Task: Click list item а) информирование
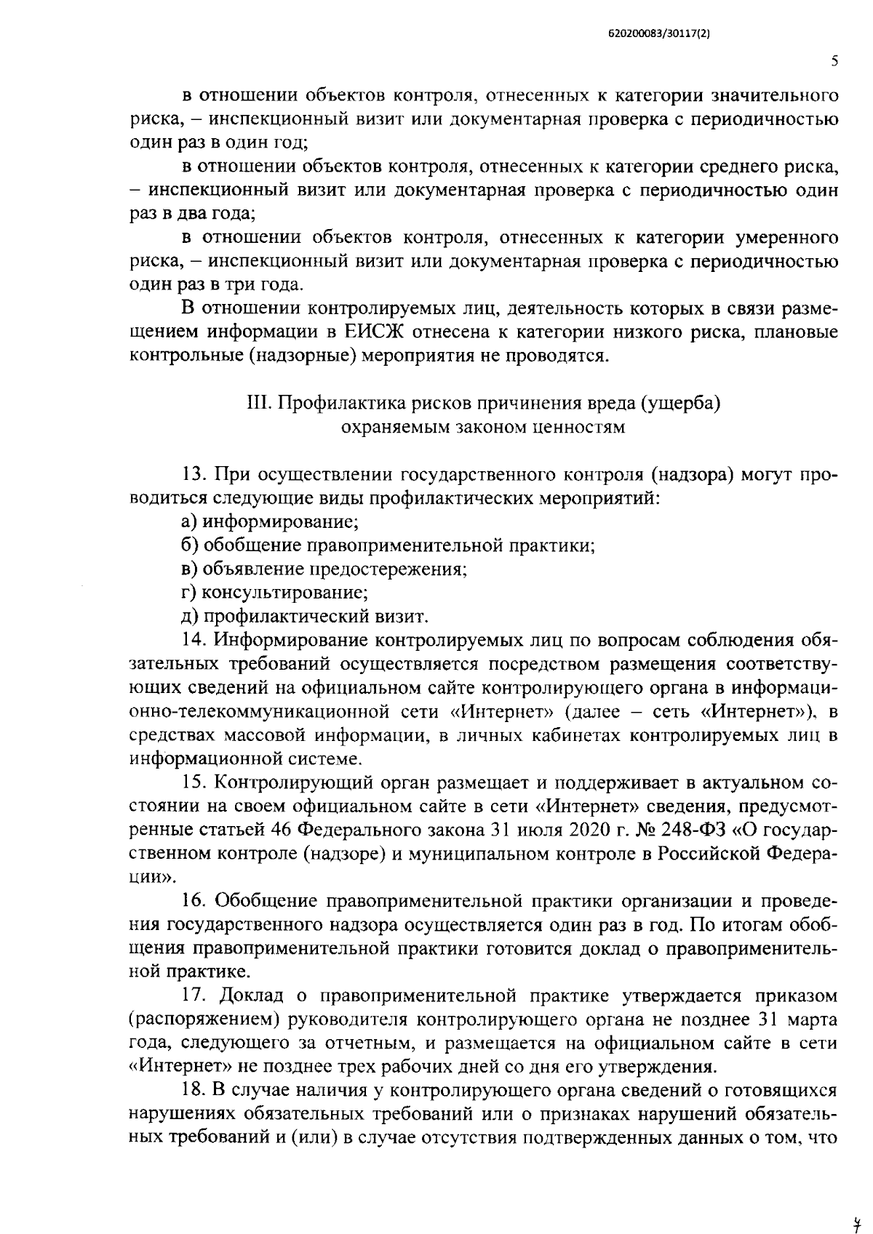coord(270,521)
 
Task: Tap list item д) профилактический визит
coord(304,616)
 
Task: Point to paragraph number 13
coord(194,475)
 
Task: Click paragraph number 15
coord(194,783)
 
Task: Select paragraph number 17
coord(194,995)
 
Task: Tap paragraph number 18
coord(194,1089)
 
